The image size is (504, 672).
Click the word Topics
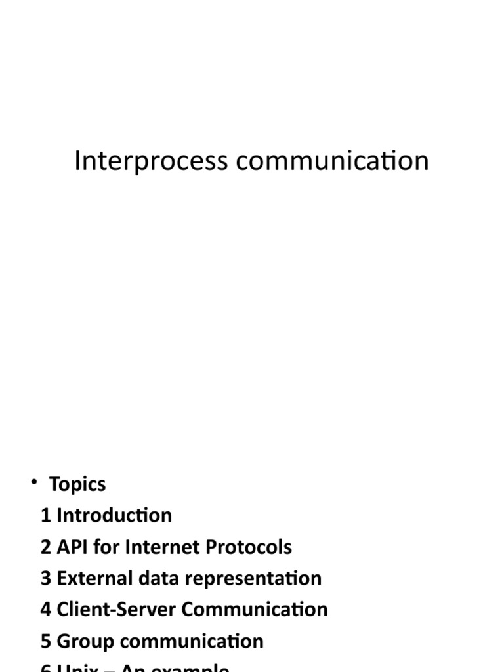click(x=77, y=485)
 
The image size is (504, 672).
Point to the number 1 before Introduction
click(x=45, y=515)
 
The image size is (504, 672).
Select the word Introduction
click(x=114, y=515)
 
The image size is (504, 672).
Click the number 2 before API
click(x=45, y=547)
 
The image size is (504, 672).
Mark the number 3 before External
click(x=45, y=578)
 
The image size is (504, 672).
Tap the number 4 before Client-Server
click(x=45, y=610)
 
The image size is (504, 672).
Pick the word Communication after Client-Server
click(x=255, y=610)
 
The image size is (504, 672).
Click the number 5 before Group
click(x=45, y=641)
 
